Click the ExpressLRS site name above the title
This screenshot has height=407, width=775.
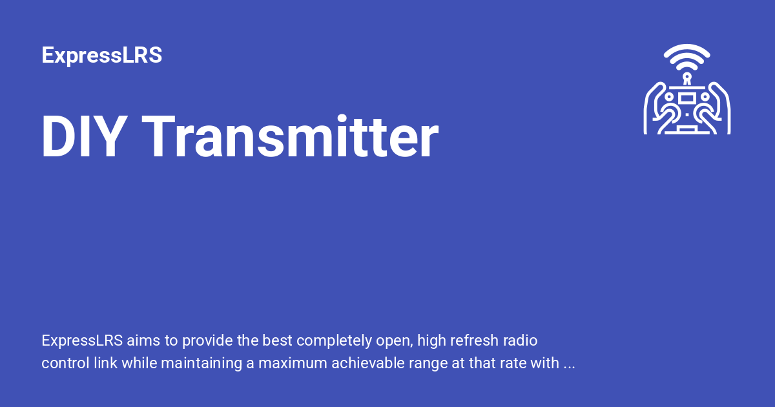[101, 56]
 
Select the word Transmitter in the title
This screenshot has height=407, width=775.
[291, 138]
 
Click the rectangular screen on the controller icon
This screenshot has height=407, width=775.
[687, 98]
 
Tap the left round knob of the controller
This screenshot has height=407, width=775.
[670, 97]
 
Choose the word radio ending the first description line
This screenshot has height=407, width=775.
[521, 340]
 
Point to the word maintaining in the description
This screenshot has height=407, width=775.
[201, 364]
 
